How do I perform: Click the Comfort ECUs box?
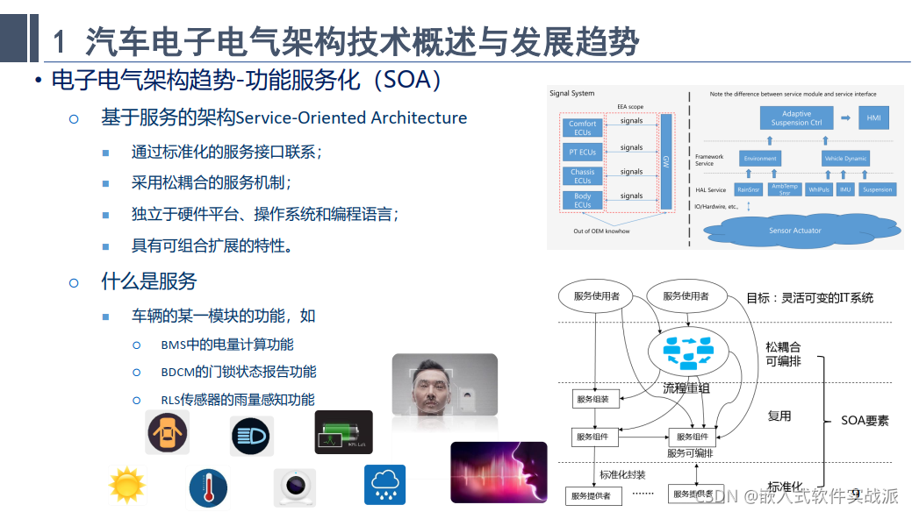coord(582,128)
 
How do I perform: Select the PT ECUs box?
coord(582,152)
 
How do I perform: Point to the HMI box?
coord(873,117)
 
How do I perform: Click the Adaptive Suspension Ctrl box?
coord(796,118)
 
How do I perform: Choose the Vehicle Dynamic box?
coord(845,159)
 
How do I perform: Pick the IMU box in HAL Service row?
coord(845,189)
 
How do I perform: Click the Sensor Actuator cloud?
coord(794,230)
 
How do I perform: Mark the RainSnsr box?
coord(748,189)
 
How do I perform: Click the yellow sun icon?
coord(126,485)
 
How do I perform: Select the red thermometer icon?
coord(208,487)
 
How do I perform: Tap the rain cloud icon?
coord(384,484)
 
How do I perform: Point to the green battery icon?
coord(343,432)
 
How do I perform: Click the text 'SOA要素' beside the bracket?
coord(865,420)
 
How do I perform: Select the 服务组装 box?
coord(596,399)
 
